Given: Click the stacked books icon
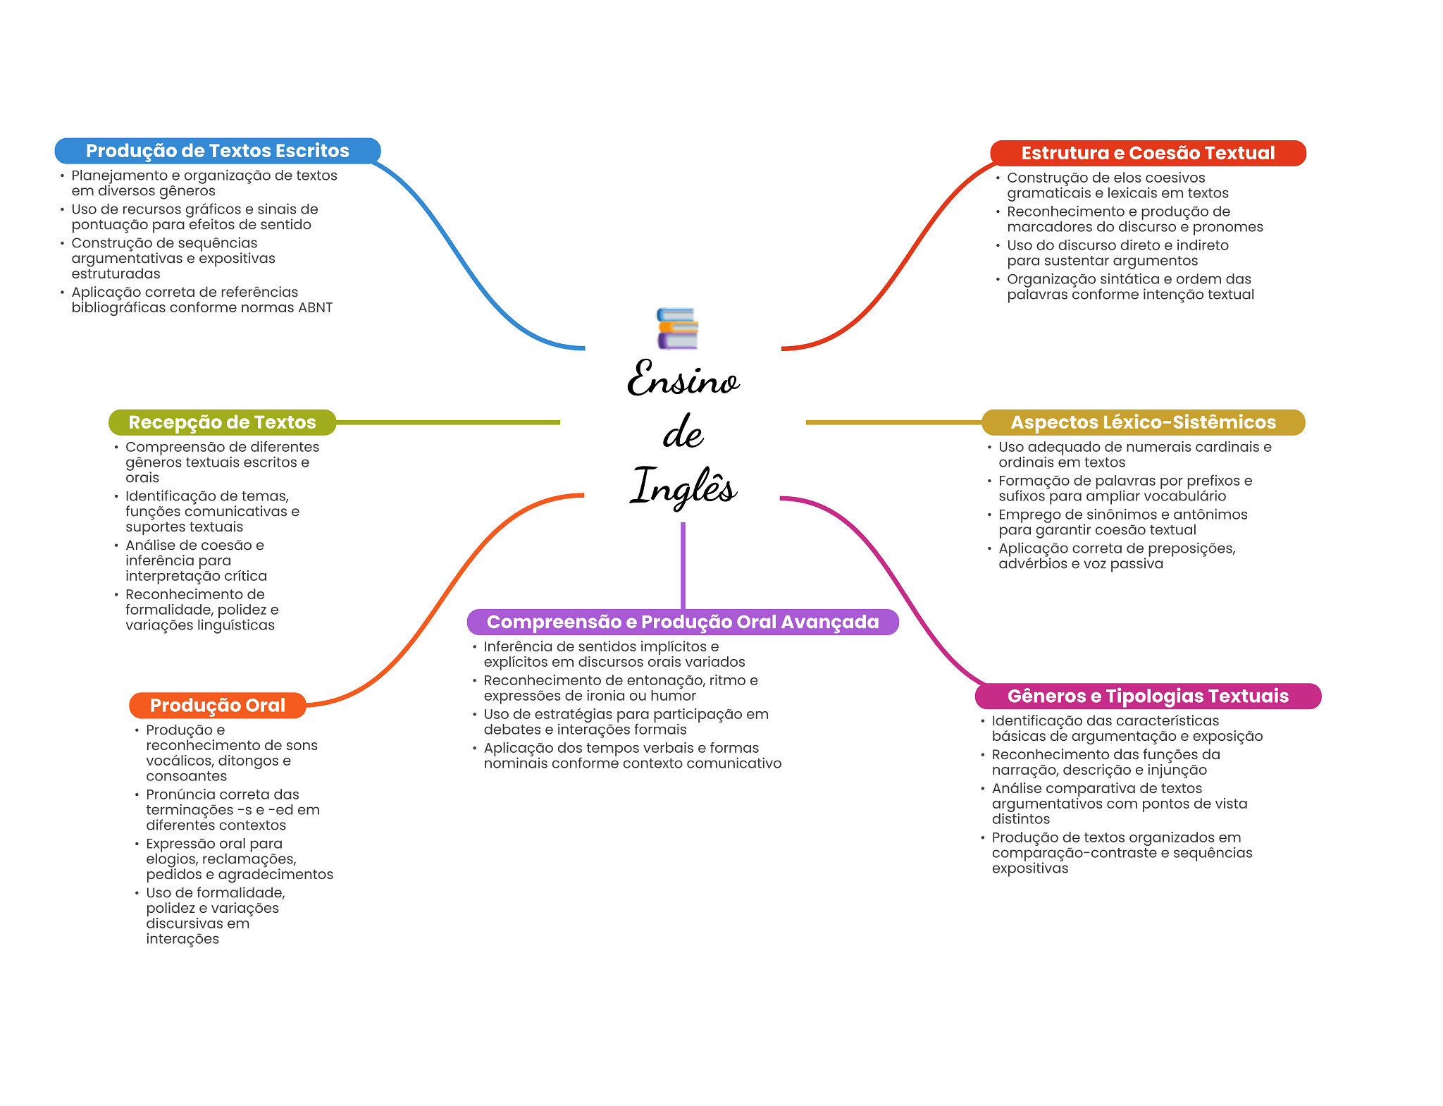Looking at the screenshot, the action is click(677, 328).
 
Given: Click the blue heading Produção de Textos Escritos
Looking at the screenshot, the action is click(218, 151).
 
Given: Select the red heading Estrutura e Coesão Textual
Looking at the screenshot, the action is click(1148, 153).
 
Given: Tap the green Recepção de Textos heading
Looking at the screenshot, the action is click(222, 422).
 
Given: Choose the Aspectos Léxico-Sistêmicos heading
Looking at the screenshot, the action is click(1143, 422).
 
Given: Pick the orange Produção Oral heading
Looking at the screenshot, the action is click(218, 706).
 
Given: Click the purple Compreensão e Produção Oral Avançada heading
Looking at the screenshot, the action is click(683, 622).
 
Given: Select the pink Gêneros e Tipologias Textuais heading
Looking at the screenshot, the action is click(1148, 696).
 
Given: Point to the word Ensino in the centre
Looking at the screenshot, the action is click(683, 379).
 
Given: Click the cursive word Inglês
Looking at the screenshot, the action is click(683, 486).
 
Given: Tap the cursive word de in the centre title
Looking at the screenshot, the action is click(683, 432).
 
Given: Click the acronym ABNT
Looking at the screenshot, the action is click(314, 307).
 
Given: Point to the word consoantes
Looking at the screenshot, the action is click(187, 776).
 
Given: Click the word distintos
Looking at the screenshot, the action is click(1021, 819).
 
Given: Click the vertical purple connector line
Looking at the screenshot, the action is click(683, 565).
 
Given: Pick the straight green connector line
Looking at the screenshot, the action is click(448, 422).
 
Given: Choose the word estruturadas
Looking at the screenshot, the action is click(116, 274).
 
